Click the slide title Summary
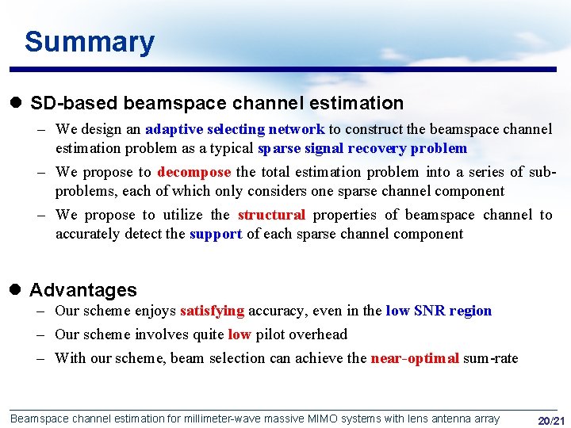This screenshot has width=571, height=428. (x=89, y=42)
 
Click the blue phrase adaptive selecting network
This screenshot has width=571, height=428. (x=235, y=129)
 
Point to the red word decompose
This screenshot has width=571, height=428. (x=194, y=172)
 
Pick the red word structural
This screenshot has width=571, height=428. (x=271, y=215)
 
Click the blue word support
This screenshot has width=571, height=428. (x=216, y=234)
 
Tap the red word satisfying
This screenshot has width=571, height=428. (x=212, y=311)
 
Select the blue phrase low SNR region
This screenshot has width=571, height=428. (x=439, y=311)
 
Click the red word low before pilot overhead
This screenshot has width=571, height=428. (x=239, y=334)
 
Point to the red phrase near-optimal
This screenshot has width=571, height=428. (x=415, y=358)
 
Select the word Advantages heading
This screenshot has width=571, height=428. (x=83, y=290)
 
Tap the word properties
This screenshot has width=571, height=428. (x=346, y=215)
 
